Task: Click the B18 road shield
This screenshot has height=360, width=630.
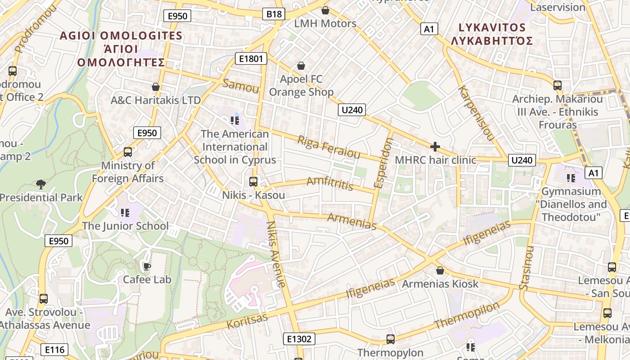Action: pyautogui.click(x=274, y=14)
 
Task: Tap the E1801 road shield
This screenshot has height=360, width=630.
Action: pyautogui.click(x=251, y=58)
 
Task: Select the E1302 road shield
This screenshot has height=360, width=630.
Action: pyautogui.click(x=299, y=339)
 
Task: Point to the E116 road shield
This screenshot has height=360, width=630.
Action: pyautogui.click(x=54, y=349)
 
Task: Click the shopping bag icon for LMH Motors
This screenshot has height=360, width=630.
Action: pyautogui.click(x=325, y=10)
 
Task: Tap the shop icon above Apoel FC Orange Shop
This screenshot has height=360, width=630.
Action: pyautogui.click(x=301, y=66)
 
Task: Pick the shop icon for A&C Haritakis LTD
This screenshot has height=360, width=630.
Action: pyautogui.click(x=156, y=87)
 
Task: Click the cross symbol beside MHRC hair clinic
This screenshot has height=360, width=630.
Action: pyautogui.click(x=435, y=147)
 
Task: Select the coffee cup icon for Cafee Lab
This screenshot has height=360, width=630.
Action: pyautogui.click(x=147, y=266)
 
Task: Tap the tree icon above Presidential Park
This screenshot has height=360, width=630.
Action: pyautogui.click(x=41, y=184)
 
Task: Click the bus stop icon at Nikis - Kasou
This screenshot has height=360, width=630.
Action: pyautogui.click(x=253, y=182)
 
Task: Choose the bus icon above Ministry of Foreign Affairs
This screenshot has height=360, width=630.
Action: pyautogui.click(x=128, y=152)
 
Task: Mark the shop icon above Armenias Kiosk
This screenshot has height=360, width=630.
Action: pyautogui.click(x=440, y=270)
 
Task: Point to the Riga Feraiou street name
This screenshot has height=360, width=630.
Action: pyautogui.click(x=329, y=147)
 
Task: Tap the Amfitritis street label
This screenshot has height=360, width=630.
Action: pyautogui.click(x=330, y=183)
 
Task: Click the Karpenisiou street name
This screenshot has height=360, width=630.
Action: pyautogui.click(x=476, y=112)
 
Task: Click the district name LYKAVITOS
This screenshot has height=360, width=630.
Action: pyautogui.click(x=492, y=27)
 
